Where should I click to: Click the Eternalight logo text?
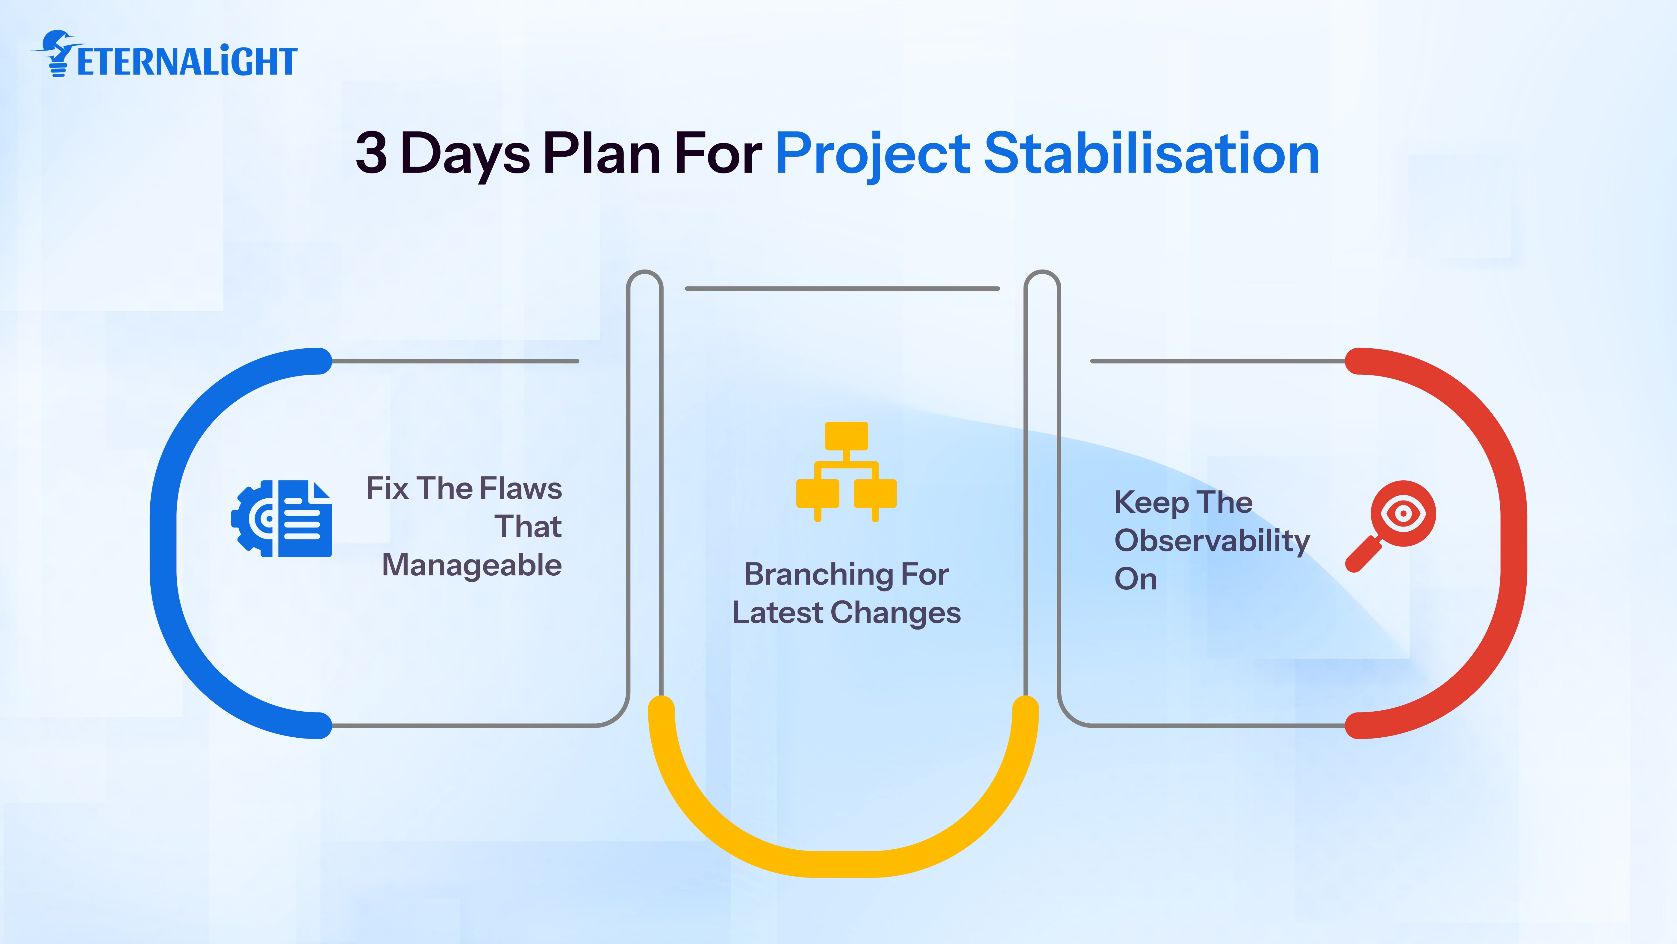187,62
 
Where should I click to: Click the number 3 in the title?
371,154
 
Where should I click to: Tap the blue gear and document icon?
282,519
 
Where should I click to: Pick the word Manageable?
472,565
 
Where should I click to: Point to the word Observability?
1212,541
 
